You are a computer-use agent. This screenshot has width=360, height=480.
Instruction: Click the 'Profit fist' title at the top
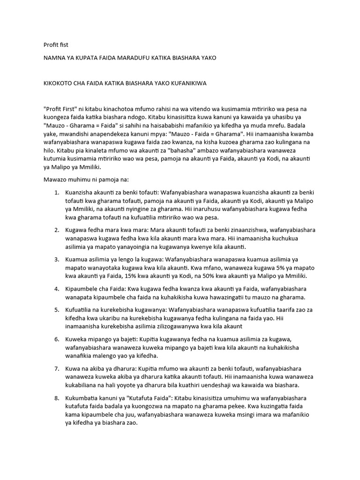coord(55,45)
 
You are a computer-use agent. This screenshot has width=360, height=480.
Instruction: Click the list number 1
coord(56,193)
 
